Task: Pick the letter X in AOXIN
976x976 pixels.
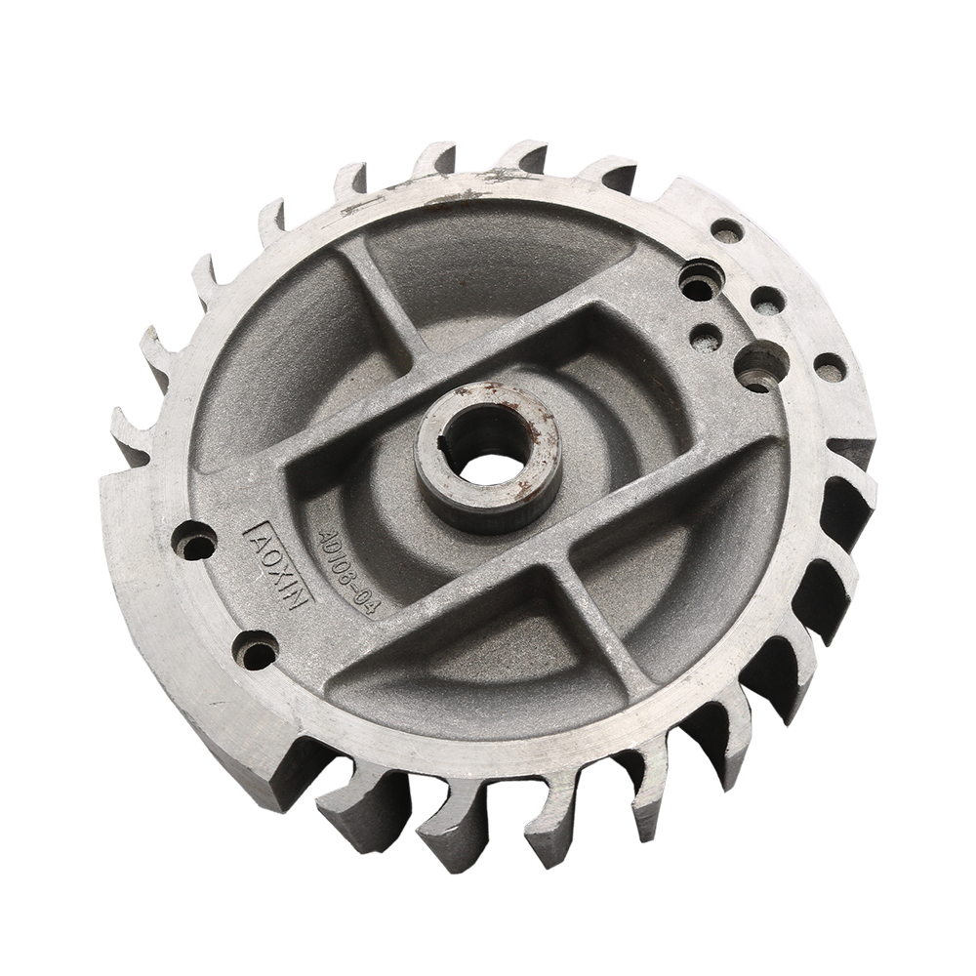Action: pyautogui.click(x=277, y=570)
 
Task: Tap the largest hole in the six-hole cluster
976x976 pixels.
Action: pyautogui.click(x=761, y=365)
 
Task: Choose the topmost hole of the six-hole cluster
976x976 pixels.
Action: pyautogui.click(x=726, y=230)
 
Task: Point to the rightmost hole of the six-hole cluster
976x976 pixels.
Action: pyautogui.click(x=830, y=368)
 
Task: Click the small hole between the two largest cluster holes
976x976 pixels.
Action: pyautogui.click(x=706, y=337)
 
